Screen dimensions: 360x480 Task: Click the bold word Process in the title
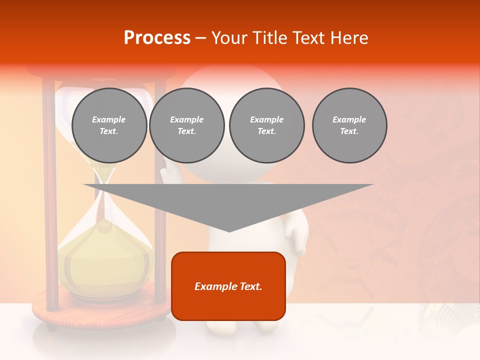157,38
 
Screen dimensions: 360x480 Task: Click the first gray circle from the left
109,125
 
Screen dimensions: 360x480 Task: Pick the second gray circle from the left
186,125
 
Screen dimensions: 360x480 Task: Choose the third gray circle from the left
266,125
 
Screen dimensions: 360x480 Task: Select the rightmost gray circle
349,125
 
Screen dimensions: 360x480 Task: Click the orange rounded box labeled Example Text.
228,286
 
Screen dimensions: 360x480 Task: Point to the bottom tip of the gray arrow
229,231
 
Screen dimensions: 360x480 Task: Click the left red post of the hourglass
49,200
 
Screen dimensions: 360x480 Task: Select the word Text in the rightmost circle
349,131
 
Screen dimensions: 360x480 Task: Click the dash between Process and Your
200,38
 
